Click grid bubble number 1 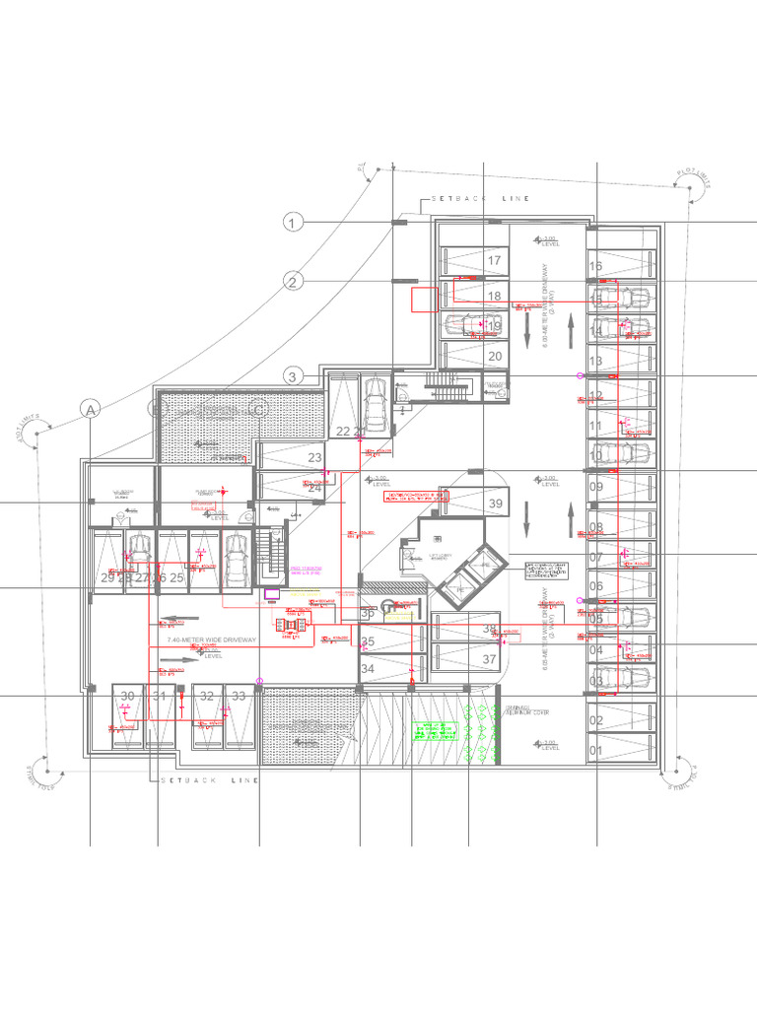point(293,224)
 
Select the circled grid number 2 point(293,282)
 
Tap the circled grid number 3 point(293,375)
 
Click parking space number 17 point(495,261)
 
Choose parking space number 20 point(495,356)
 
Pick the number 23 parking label point(315,458)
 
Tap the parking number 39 point(496,504)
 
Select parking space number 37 point(490,659)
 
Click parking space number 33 point(239,696)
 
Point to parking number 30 point(127,696)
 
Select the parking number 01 point(595,752)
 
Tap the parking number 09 point(595,487)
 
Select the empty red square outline point(424,300)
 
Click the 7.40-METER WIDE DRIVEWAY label point(212,640)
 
